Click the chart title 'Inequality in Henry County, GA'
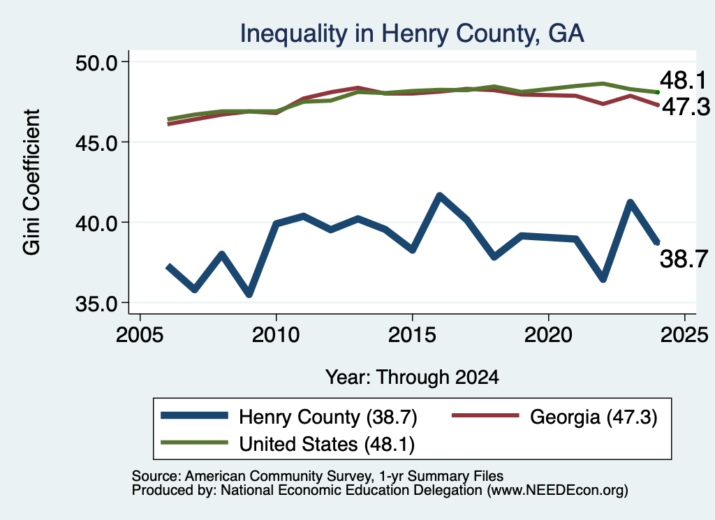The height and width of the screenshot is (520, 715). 412,34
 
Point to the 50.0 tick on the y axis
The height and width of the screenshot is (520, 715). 96,62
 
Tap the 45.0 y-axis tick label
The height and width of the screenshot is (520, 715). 96,142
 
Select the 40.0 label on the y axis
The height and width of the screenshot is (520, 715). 96,223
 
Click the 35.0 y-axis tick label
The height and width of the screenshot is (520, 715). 96,304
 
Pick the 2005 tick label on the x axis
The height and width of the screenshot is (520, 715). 140,335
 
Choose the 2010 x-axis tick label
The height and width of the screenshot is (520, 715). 276,335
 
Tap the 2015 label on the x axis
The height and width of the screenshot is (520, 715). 412,335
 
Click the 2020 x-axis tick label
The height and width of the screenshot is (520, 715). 548,335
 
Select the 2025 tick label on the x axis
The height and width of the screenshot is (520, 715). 684,335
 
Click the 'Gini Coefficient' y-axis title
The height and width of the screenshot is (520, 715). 31,182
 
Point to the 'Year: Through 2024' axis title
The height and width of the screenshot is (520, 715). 412,378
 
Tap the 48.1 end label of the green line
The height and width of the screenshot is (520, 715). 683,80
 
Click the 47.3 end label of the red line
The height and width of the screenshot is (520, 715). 686,107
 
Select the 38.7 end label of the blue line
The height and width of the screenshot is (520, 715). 684,259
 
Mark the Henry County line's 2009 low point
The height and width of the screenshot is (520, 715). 249,295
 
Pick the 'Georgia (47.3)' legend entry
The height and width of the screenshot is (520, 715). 554,417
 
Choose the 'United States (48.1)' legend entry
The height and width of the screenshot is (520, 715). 288,444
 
